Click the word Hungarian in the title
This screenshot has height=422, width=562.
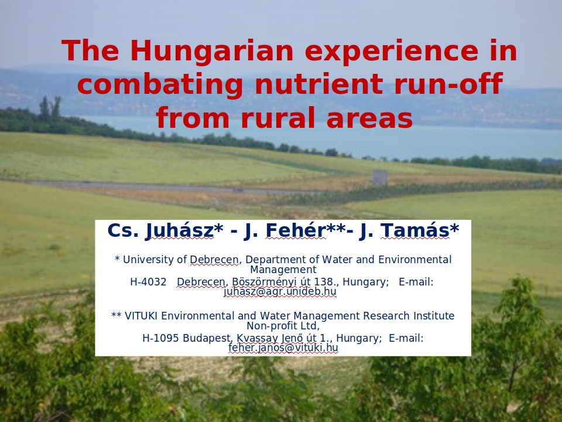click(x=211, y=51)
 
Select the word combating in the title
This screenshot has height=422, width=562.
click(x=160, y=84)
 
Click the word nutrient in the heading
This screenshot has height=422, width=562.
click(x=318, y=84)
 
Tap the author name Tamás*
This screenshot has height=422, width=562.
click(x=419, y=230)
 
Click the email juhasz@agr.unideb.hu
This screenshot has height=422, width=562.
click(x=280, y=291)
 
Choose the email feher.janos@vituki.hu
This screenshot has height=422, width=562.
click(x=283, y=348)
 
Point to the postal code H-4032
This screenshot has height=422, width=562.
click(x=148, y=282)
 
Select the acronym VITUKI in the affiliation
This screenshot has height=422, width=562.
click(x=141, y=316)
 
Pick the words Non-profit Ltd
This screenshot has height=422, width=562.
click(x=283, y=326)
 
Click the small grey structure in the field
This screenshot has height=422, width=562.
click(x=379, y=177)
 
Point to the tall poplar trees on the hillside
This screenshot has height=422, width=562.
click(x=50, y=108)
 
